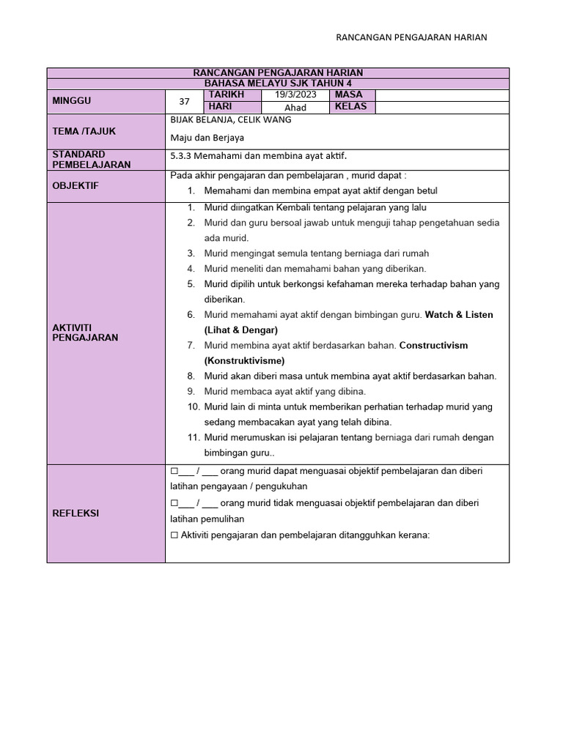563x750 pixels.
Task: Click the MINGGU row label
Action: (72, 101)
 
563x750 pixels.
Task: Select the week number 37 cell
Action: (184, 102)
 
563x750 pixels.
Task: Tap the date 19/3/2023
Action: (295, 95)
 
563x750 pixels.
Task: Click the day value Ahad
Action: (295, 107)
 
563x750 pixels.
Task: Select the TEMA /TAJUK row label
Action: (84, 131)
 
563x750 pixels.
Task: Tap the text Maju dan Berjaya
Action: (207, 137)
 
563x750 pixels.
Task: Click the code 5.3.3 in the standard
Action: (180, 156)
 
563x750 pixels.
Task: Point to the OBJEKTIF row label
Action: (76, 186)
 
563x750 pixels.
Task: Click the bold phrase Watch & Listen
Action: (459, 315)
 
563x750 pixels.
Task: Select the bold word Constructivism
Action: (433, 346)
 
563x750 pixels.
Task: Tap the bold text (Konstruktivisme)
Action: (244, 361)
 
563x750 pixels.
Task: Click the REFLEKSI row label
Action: (76, 513)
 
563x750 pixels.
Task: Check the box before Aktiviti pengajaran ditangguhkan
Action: (174, 535)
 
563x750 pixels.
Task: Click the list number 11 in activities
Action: (194, 438)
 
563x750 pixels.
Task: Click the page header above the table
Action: (411, 37)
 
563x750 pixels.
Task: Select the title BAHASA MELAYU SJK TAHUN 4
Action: (278, 83)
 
